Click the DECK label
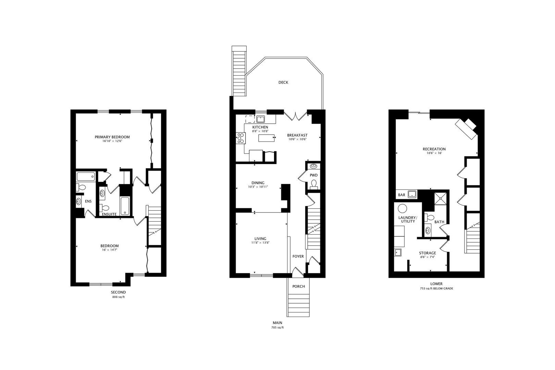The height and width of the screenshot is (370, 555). tap(283, 82)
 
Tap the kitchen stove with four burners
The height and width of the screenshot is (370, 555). tap(241, 138)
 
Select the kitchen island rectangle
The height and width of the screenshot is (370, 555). tap(267, 138)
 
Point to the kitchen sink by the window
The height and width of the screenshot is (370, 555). tap(260, 119)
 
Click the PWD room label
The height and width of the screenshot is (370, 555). tap(313, 175)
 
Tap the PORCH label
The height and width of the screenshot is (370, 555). tap(298, 286)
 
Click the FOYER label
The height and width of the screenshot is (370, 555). tap(298, 256)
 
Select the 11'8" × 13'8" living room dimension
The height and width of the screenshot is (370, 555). tap(260, 243)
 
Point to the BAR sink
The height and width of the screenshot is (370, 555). tap(412, 194)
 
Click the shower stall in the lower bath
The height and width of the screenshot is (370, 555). tap(440, 198)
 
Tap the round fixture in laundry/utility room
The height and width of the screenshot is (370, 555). tap(402, 208)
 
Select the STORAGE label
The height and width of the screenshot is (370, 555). tap(428, 253)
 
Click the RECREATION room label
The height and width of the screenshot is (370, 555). tap(434, 149)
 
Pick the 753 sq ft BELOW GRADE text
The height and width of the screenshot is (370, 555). tap(436, 288)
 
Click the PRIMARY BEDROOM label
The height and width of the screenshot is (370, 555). tap(112, 137)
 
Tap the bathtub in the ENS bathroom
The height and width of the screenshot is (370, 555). tap(86, 177)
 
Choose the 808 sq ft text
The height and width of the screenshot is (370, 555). tap(119, 297)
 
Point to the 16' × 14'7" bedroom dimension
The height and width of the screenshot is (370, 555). tap(110, 250)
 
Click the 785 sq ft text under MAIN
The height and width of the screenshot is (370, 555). tap(277, 328)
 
